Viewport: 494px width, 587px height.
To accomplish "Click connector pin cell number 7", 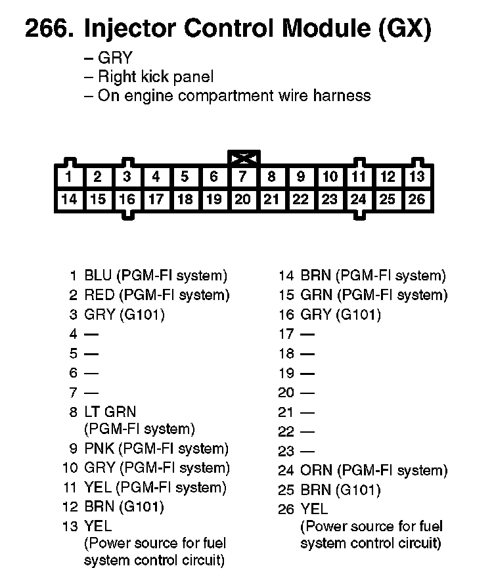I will [242, 177].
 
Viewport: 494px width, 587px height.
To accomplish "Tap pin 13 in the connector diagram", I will [416, 177].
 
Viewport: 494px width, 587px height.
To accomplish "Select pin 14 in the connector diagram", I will [68, 199].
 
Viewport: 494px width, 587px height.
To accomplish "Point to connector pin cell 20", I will [242, 199].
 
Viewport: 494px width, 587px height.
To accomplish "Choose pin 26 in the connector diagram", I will [416, 199].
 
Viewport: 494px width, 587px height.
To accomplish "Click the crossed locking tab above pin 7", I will [243, 158].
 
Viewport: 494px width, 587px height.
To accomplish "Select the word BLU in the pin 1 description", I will [98, 276].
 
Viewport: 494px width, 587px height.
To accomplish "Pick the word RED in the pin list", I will [99, 295].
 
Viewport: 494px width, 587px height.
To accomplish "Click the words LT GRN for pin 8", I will [110, 412].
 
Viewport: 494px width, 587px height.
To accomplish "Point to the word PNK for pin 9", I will [99, 449].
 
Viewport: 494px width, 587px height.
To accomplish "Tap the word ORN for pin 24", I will [315, 471].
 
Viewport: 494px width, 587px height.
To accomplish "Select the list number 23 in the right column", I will [286, 452].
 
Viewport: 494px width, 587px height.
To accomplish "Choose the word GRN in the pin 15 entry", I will [315, 295].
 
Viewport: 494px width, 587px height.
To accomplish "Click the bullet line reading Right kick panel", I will [155, 77].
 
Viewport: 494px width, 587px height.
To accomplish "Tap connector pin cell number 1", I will [68, 177].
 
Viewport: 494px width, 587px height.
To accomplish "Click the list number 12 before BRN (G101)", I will [70, 506].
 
